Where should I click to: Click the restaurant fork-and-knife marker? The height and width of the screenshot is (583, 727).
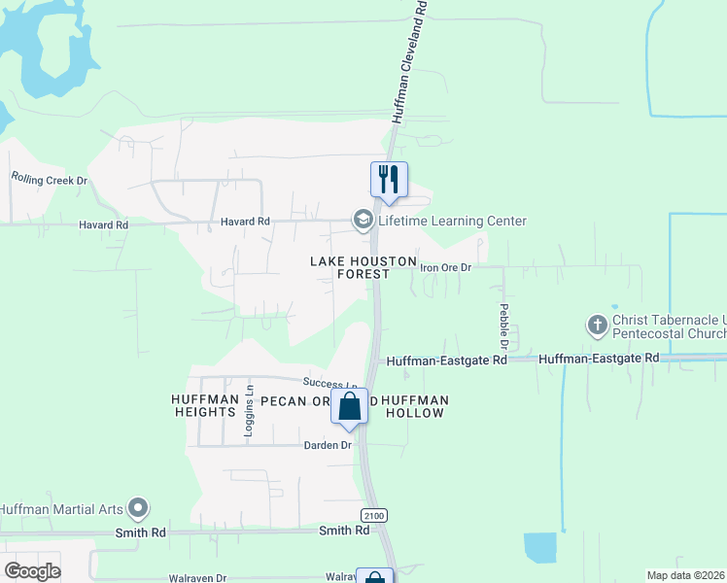coord(389,180)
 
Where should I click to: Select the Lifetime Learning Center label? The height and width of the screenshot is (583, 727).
coord(452,222)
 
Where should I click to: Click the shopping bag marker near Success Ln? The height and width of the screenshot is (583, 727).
coord(350,405)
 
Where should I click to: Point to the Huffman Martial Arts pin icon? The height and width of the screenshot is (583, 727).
coord(138,507)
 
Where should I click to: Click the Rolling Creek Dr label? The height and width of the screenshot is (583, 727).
coord(50,180)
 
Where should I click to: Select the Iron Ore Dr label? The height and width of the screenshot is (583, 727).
coord(445,266)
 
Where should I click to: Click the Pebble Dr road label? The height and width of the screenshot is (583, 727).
coord(504,326)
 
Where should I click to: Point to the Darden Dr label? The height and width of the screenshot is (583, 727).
coord(326,445)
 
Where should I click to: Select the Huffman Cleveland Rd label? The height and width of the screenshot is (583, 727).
coord(409,60)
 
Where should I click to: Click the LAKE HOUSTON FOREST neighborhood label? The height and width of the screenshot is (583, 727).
coord(363,268)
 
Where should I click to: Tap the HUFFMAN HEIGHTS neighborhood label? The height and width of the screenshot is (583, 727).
coord(204,406)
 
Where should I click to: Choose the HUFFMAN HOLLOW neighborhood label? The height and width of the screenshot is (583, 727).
coord(416,406)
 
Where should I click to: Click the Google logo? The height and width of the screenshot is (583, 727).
coord(32,571)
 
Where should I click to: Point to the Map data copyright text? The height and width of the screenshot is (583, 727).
coord(685,575)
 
